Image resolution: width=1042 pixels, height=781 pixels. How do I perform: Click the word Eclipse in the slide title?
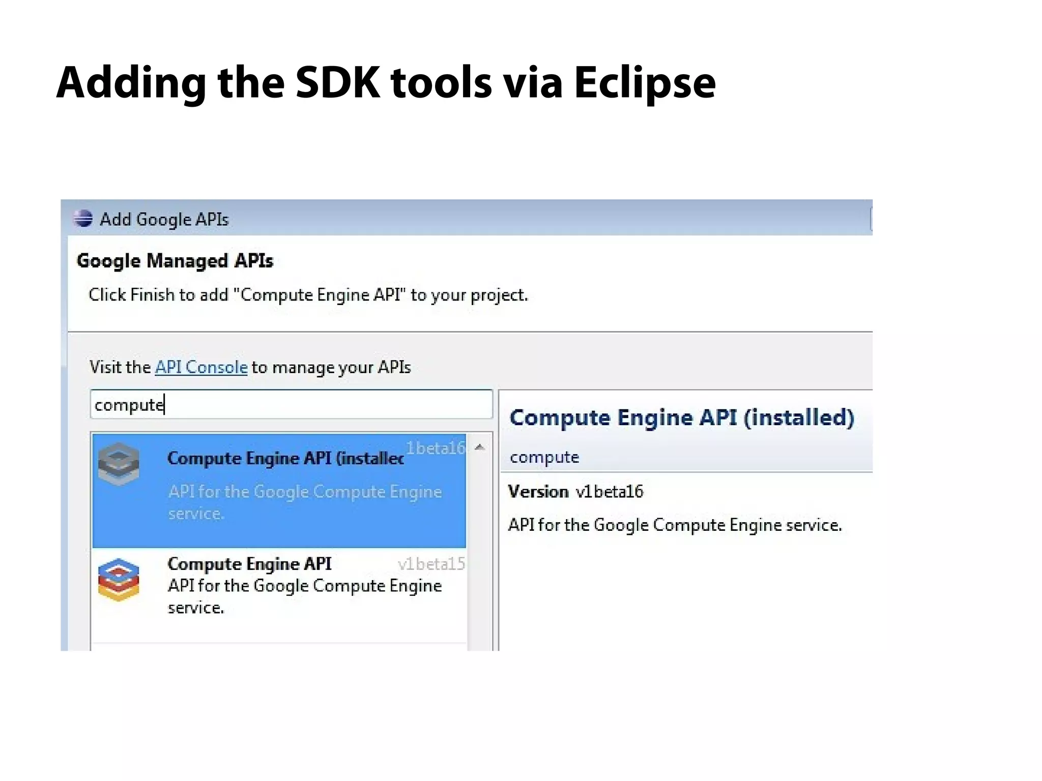[645, 83]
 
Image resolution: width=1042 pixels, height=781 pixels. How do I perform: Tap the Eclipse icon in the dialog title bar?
[83, 219]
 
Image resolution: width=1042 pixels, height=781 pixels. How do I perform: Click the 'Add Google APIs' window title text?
[164, 220]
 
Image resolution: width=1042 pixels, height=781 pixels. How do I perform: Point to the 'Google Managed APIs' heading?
[175, 261]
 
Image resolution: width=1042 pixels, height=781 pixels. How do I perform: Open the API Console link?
[201, 367]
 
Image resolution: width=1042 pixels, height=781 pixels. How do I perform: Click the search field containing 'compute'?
[291, 405]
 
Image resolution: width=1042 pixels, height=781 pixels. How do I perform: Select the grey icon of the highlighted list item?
[119, 463]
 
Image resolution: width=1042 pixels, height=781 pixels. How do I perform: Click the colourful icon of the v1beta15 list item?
[119, 580]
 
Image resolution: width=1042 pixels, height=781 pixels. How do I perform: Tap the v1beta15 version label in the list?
[431, 564]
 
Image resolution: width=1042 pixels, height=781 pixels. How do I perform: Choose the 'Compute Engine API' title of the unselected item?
[249, 564]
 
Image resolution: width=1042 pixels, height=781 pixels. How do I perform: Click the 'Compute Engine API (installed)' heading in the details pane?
[682, 417]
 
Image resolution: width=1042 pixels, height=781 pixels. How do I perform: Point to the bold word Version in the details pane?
[538, 492]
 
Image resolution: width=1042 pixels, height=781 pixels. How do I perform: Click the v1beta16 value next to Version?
[610, 492]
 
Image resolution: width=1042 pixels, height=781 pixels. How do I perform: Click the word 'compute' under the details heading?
[544, 457]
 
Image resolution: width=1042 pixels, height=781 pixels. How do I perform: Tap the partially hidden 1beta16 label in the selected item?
[436, 448]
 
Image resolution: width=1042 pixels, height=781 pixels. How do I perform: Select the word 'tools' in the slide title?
[441, 83]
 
